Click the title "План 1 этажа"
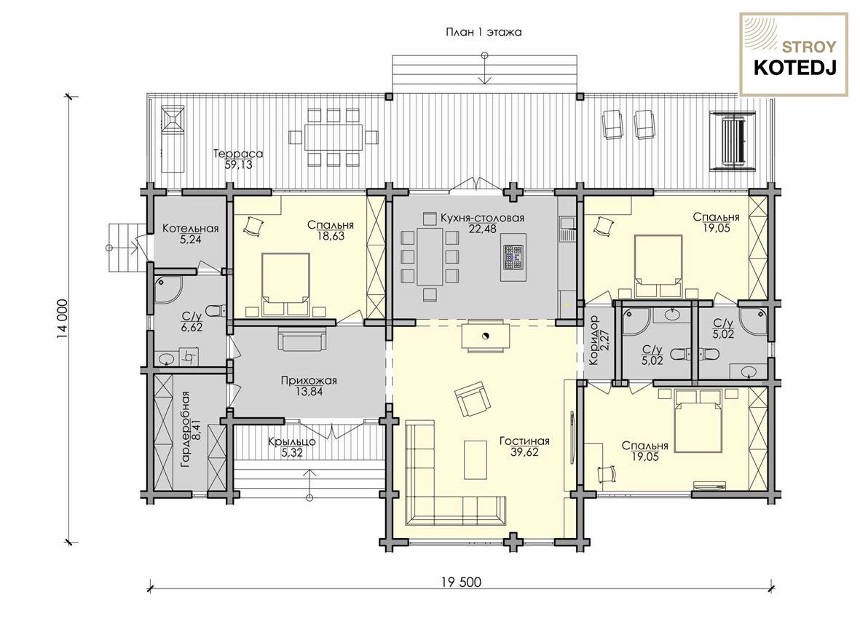(x=484, y=32)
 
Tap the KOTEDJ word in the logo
(x=794, y=68)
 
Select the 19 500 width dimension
(x=460, y=582)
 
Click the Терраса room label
(x=239, y=154)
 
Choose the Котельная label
(x=190, y=229)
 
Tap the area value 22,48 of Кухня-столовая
(x=483, y=229)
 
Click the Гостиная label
(x=524, y=441)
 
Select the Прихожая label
(x=309, y=380)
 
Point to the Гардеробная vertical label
(x=185, y=429)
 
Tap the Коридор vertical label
(x=593, y=341)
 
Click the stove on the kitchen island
(x=514, y=256)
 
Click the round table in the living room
(x=484, y=336)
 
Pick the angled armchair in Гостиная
(x=472, y=399)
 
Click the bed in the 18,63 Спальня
(x=285, y=285)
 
